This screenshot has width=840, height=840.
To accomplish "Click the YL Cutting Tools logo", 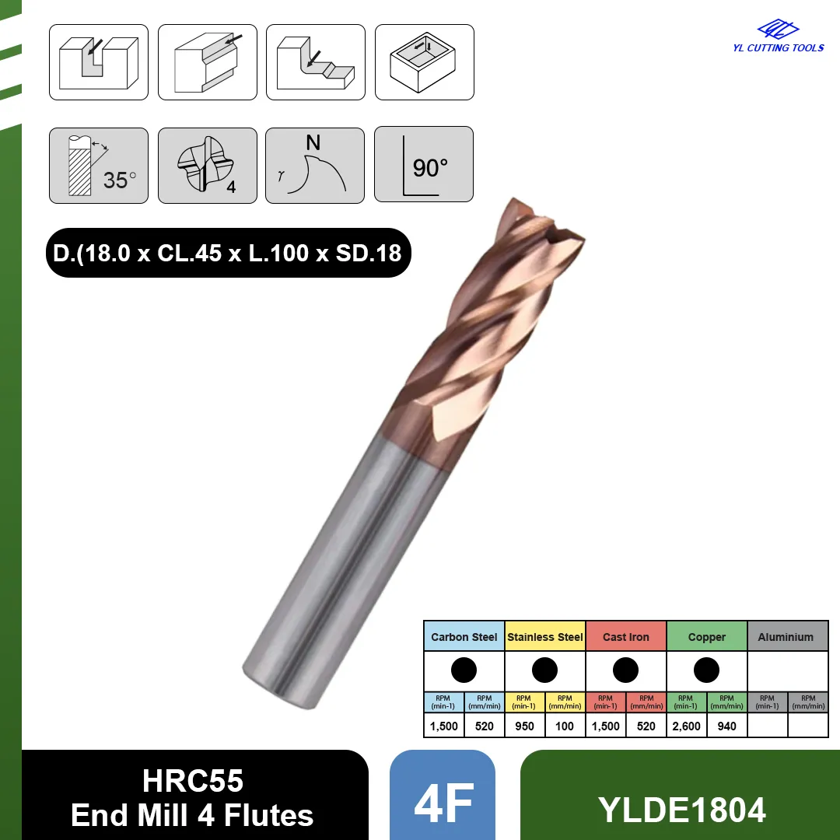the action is (779, 37).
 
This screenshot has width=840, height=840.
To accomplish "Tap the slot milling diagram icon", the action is (99, 62).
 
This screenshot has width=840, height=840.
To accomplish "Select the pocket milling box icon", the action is (425, 62).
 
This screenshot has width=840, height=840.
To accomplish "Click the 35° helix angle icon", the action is (99, 166).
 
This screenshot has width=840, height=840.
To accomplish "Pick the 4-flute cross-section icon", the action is (208, 166).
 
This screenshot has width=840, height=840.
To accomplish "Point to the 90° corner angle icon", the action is (424, 164).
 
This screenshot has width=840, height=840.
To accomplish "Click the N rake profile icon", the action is (315, 166).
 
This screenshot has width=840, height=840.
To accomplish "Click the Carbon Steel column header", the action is (464, 636).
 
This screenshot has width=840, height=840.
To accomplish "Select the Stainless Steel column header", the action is (544, 636).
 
